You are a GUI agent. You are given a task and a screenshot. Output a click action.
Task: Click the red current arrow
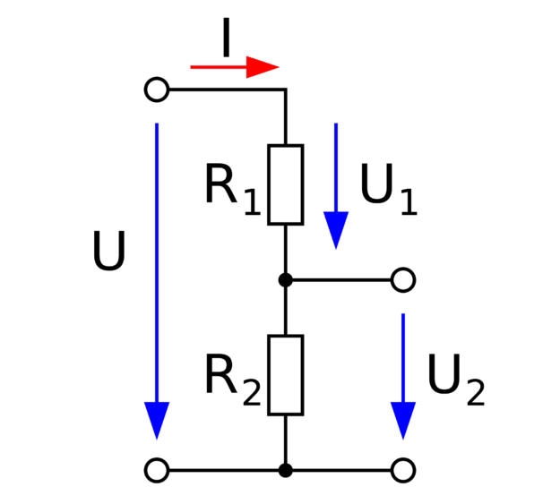[x=235, y=67]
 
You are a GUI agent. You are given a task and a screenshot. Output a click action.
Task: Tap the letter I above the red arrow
[x=226, y=37]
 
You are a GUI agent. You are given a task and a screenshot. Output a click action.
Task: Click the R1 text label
[x=233, y=189]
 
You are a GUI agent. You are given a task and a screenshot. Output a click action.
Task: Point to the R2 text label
[x=233, y=380]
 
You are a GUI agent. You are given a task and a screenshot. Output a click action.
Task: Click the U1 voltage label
[x=389, y=189]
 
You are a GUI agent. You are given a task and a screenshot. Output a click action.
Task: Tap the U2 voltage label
[x=456, y=380]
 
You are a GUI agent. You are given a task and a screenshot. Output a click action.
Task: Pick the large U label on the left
[x=109, y=251]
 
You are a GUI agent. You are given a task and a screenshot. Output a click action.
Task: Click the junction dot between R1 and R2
[x=286, y=280]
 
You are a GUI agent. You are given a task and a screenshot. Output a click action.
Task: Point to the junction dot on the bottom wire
[x=286, y=471]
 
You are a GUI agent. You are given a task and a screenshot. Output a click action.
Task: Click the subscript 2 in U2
[x=476, y=393]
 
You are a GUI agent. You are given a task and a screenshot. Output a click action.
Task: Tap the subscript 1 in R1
[x=253, y=202]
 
